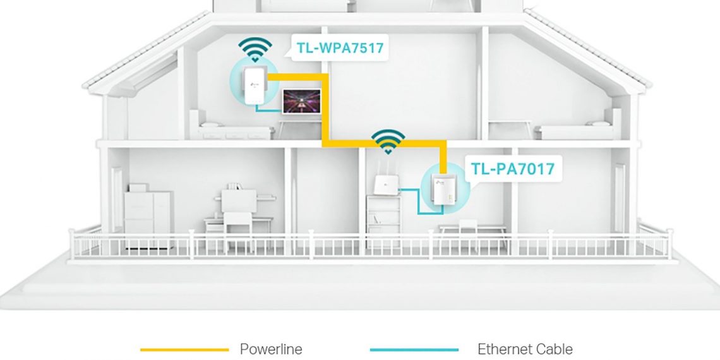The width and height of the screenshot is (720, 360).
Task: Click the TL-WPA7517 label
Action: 339,47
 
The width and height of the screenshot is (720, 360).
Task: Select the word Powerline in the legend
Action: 271,349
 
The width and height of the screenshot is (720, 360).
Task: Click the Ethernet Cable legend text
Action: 525,349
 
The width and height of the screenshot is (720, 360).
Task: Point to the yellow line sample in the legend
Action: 184,349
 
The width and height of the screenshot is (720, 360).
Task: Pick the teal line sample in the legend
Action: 414,349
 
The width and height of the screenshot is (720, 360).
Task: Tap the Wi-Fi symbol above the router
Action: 387,143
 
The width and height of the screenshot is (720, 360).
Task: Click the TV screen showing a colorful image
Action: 301,101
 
